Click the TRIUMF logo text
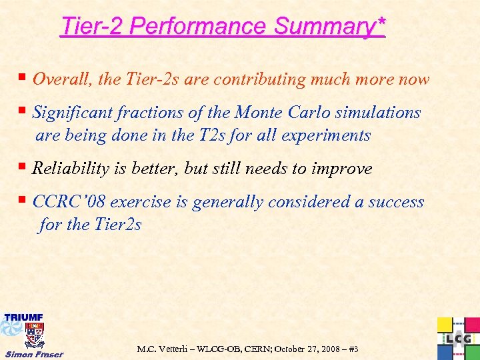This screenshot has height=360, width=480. pyautogui.click(x=24, y=317)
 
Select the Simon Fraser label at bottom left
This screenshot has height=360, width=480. pyautogui.click(x=33, y=354)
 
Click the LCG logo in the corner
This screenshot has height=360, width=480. pyautogui.click(x=458, y=339)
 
